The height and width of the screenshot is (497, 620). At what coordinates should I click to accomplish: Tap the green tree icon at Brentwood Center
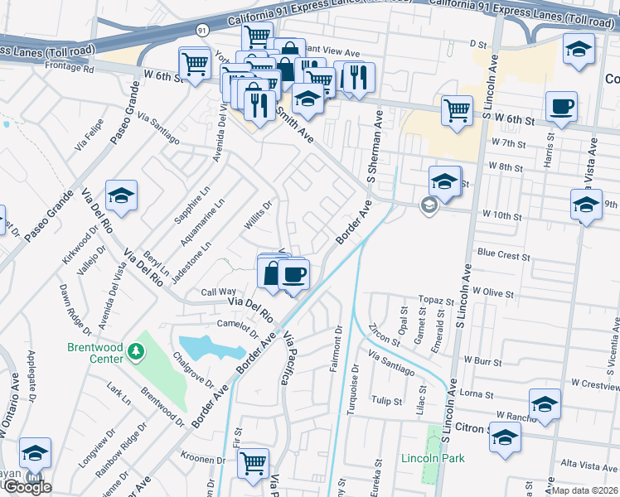[134, 354]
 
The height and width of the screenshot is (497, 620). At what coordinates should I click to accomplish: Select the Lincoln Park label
[432, 458]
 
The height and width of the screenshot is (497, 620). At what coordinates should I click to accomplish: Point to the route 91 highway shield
[202, 29]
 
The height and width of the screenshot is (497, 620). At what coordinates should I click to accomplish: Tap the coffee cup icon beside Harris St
[562, 107]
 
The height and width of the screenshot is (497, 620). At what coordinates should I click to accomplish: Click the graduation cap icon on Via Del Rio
[122, 195]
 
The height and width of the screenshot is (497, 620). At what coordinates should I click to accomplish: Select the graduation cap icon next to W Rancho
[545, 404]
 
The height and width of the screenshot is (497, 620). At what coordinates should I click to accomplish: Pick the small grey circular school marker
[429, 205]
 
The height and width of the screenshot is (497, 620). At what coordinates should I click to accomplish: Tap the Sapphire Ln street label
[193, 214]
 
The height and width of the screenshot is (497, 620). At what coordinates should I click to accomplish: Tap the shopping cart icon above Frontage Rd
[195, 63]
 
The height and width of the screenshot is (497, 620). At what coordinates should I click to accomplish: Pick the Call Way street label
[219, 292]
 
